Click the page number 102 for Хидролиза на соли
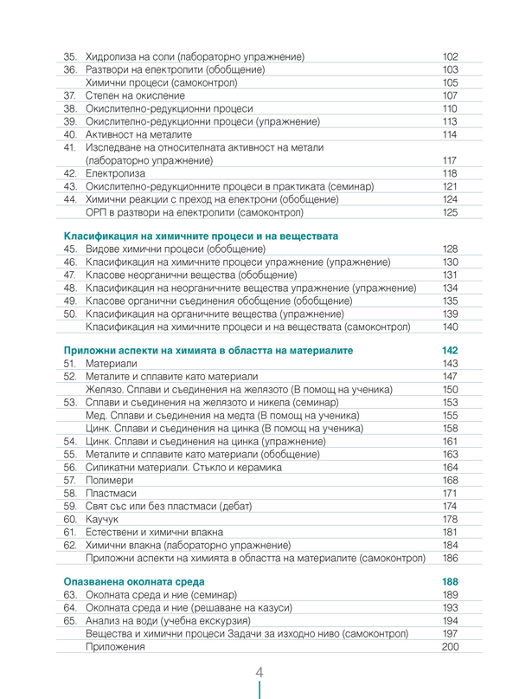pyautogui.click(x=449, y=56)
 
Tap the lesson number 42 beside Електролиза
pyautogui.click(x=71, y=173)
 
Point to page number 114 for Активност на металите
pyautogui.click(x=449, y=134)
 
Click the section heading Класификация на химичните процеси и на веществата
pyautogui.click(x=202, y=236)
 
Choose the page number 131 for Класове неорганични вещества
pyautogui.click(x=449, y=275)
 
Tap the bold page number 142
pyautogui.click(x=449, y=350)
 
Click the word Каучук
pyautogui.click(x=103, y=518)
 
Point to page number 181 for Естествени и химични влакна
pyautogui.click(x=449, y=531)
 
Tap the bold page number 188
pyautogui.click(x=449, y=581)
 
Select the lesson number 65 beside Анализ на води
pyautogui.click(x=71, y=621)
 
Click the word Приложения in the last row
pyautogui.click(x=115, y=647)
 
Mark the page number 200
pyautogui.click(x=449, y=647)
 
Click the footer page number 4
pyautogui.click(x=259, y=673)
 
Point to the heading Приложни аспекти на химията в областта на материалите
pyautogui.click(x=208, y=350)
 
